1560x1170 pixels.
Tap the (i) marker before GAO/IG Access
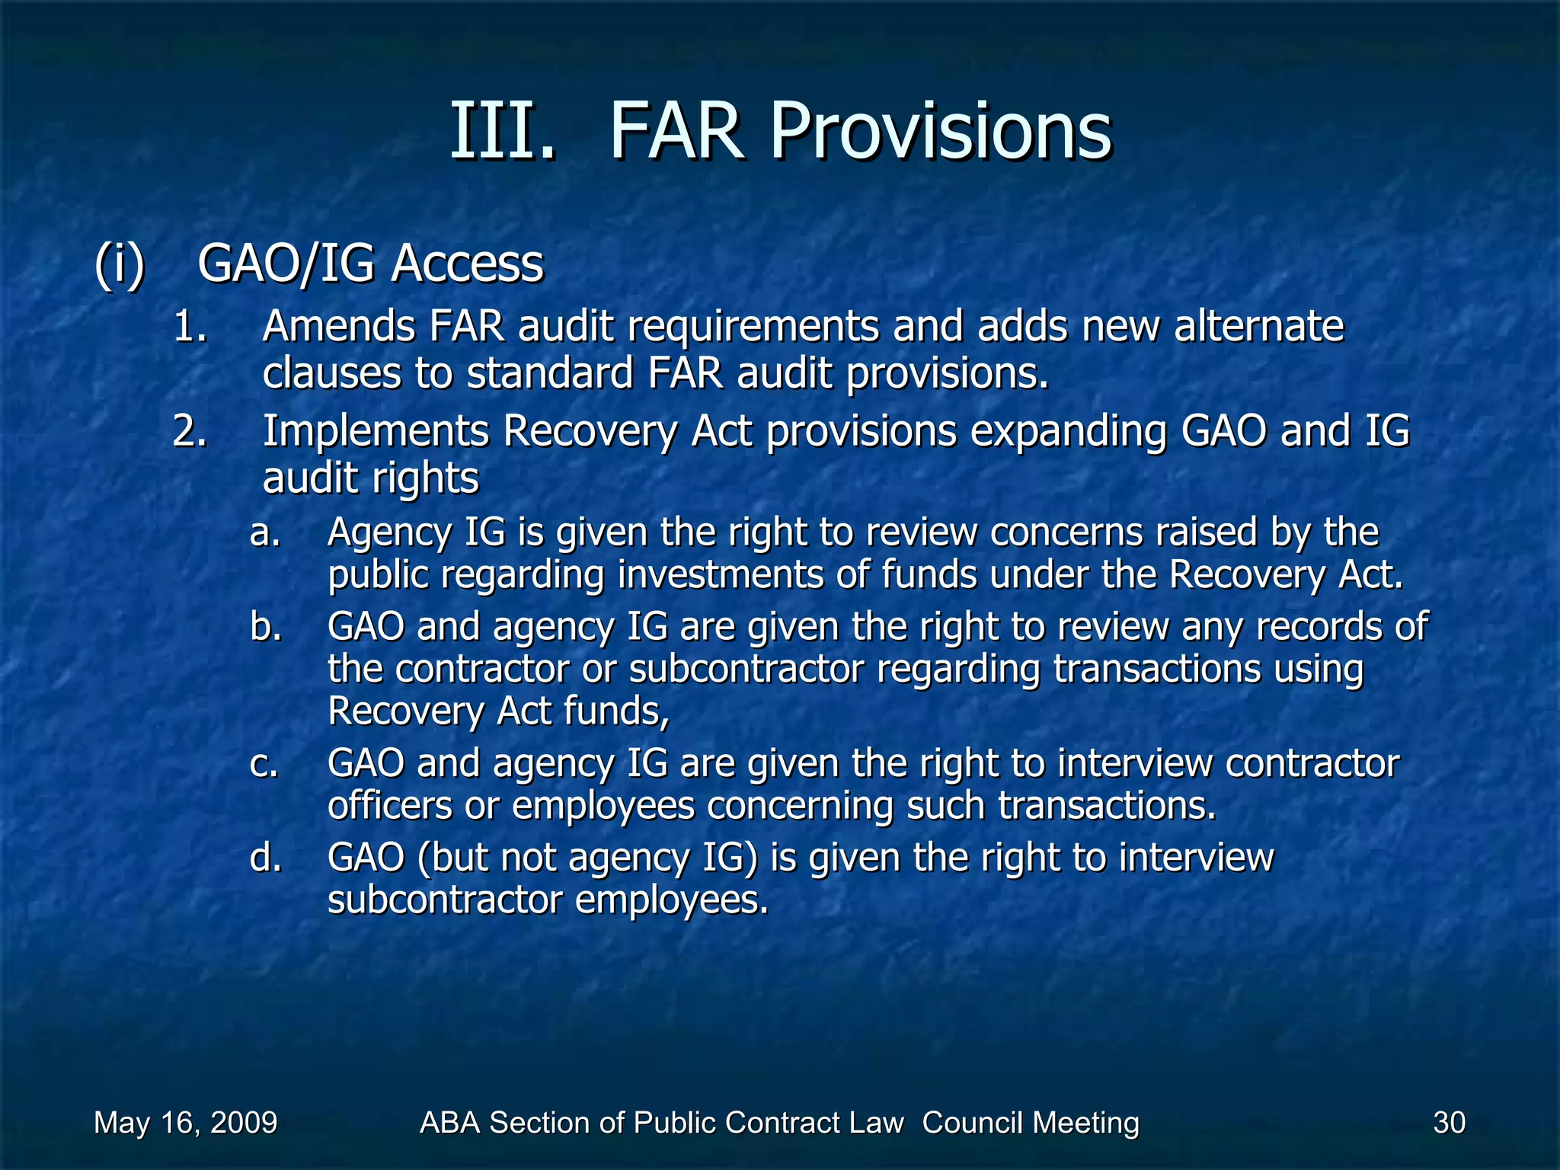(x=120, y=264)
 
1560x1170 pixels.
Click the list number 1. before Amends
(x=190, y=328)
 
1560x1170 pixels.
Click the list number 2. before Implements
(x=190, y=431)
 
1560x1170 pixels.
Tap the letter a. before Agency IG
(x=265, y=532)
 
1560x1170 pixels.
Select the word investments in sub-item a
(x=721, y=575)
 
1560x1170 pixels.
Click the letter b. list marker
(x=265, y=627)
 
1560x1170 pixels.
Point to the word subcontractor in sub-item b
(x=746, y=670)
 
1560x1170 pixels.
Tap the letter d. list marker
(x=265, y=858)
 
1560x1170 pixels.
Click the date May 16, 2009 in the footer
(x=185, y=1123)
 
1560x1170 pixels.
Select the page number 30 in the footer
(x=1449, y=1123)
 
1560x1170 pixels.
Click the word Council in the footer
(x=967, y=1123)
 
